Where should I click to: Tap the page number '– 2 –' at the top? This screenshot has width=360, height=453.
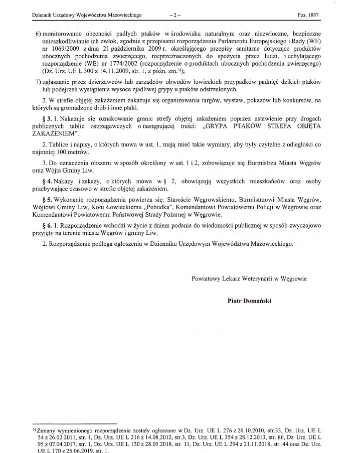pyautogui.click(x=174, y=16)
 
